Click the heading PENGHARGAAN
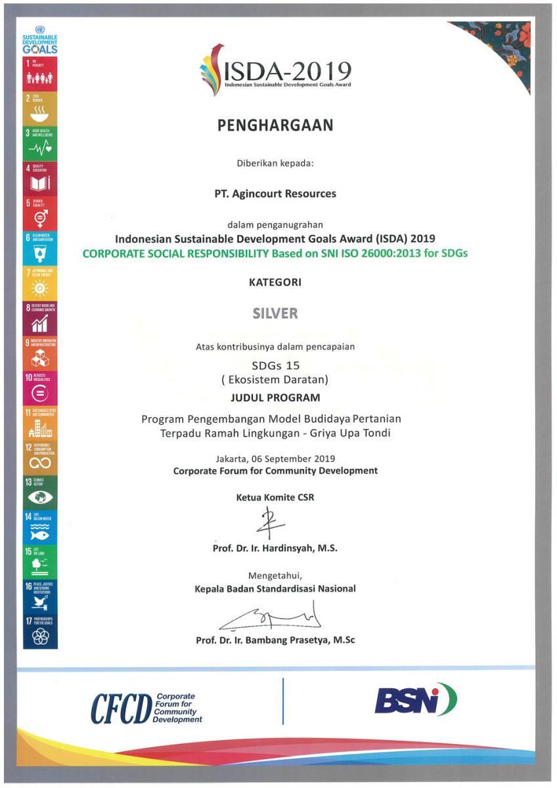[275, 125]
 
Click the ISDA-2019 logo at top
[275, 69]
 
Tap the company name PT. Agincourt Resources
[275, 194]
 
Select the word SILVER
[275, 313]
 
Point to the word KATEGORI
[275, 282]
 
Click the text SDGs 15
[275, 365]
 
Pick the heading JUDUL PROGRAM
[275, 397]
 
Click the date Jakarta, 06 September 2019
[275, 458]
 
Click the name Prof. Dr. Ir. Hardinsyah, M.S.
[275, 548]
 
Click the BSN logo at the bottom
[415, 700]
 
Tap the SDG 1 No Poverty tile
[40, 74]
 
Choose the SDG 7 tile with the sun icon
[40, 284]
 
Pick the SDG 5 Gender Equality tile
[40, 213]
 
